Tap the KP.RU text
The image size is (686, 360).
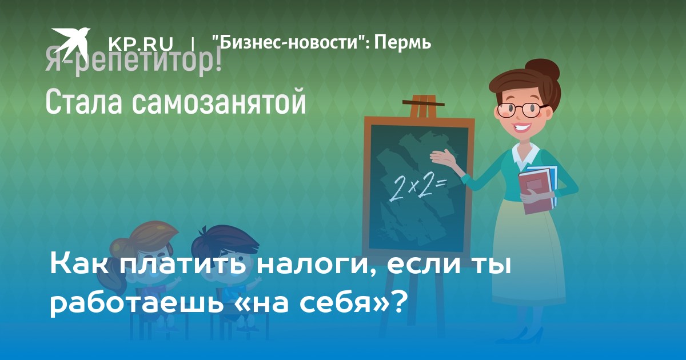pos(141,43)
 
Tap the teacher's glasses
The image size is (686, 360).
pos(521,110)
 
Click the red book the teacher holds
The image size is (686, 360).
pos(535,191)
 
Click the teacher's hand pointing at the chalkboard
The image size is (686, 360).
pos(444,158)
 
